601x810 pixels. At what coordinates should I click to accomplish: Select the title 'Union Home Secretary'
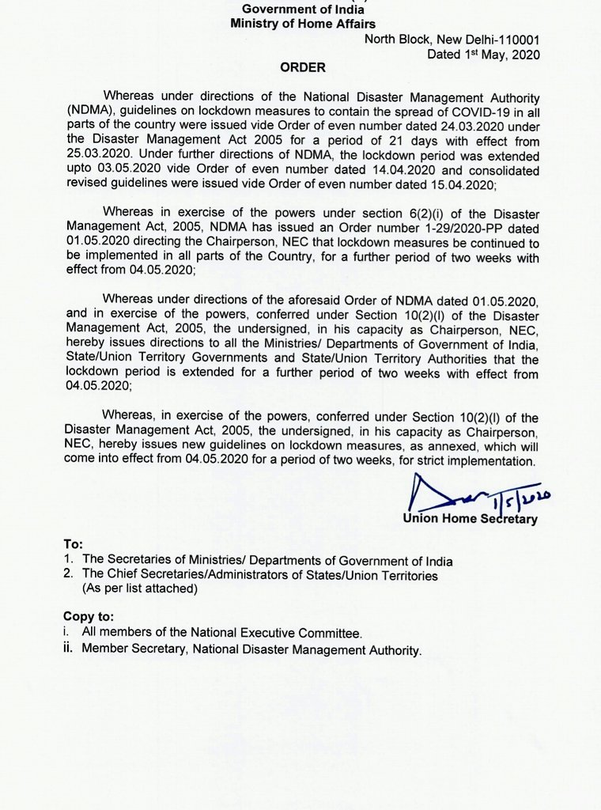click(470, 519)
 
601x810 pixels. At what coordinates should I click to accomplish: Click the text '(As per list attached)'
click(138, 589)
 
